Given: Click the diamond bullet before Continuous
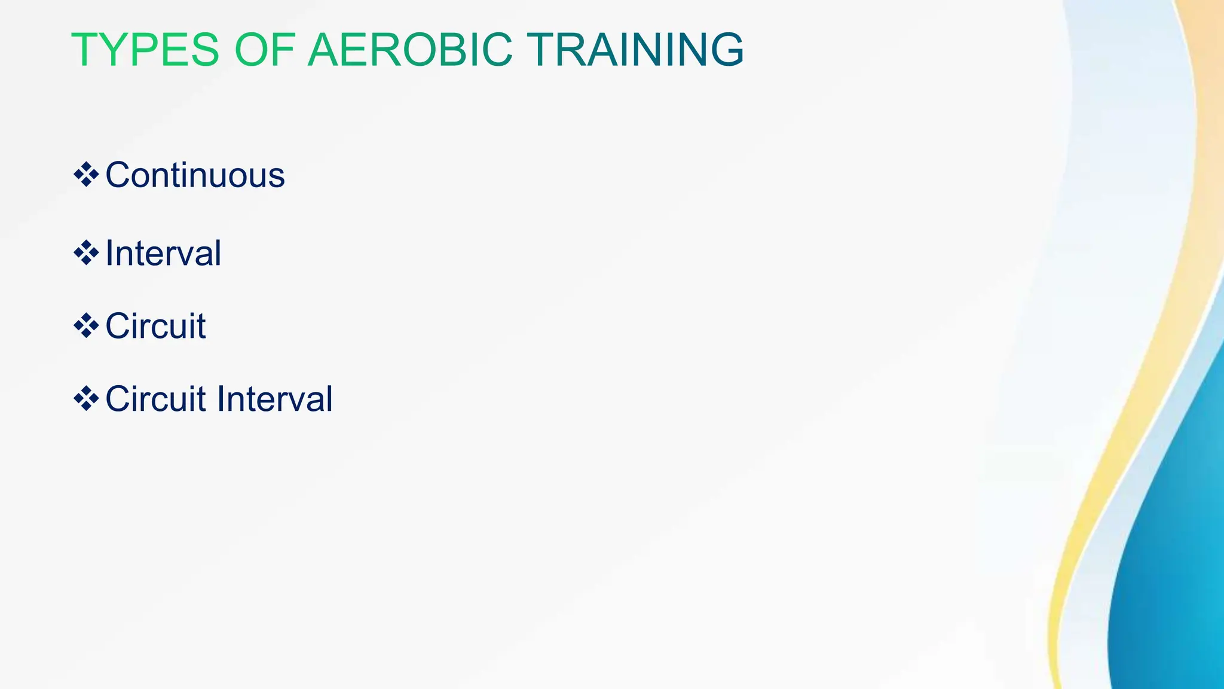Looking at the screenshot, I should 86,175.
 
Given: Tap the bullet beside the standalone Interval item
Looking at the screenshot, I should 86,252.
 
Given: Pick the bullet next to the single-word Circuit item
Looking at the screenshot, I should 86,326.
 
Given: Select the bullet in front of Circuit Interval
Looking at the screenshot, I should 86,398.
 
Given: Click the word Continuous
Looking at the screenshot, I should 195,175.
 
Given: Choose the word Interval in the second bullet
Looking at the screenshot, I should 163,253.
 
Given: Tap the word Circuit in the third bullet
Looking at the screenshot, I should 155,326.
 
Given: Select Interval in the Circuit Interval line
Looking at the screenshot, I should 274,399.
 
